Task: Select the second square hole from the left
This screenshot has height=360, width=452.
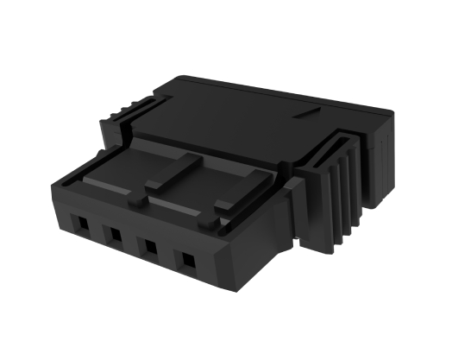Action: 112,234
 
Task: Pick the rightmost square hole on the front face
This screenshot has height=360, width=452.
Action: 185,258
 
